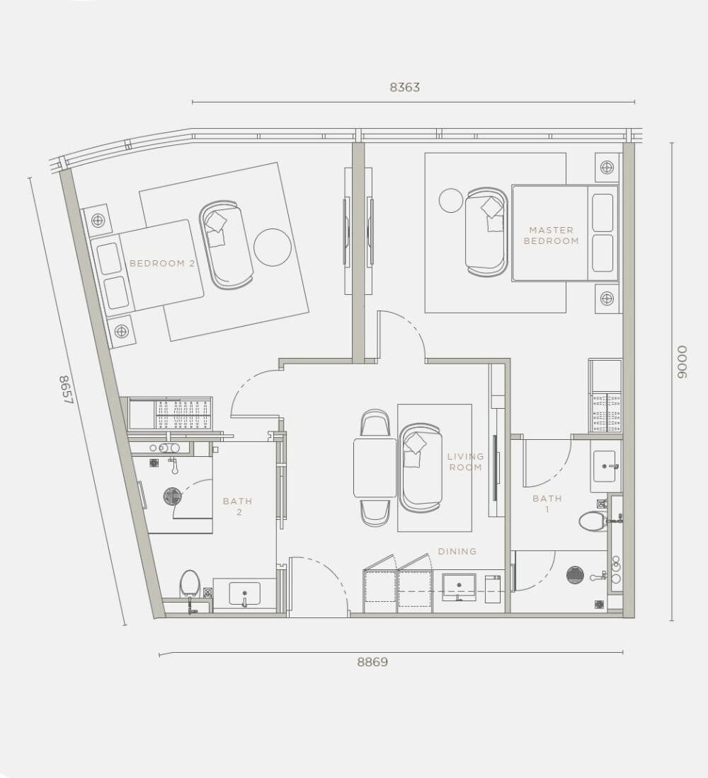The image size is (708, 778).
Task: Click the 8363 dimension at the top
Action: click(x=404, y=87)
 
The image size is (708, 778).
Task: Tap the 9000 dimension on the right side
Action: click(x=682, y=362)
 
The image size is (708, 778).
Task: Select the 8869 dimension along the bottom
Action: click(x=372, y=662)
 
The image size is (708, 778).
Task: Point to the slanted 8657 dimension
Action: click(x=66, y=389)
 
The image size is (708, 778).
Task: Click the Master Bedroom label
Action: click(x=551, y=236)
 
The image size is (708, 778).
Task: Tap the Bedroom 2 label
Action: click(x=162, y=264)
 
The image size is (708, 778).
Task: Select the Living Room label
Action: click(x=466, y=462)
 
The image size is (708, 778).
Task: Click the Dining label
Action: click(x=457, y=551)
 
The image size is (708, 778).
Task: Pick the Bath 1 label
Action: click(x=547, y=504)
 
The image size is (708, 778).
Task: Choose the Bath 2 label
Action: click(x=238, y=506)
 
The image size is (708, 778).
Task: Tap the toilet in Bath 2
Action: click(x=189, y=583)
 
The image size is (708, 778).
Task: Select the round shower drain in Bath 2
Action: click(x=173, y=497)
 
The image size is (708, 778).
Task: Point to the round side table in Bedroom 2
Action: click(x=273, y=247)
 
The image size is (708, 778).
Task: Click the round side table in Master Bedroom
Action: click(x=451, y=201)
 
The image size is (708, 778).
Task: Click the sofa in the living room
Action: click(x=421, y=468)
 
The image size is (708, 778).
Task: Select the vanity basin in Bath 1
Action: click(x=604, y=466)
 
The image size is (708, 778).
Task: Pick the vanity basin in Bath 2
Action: click(x=244, y=594)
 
